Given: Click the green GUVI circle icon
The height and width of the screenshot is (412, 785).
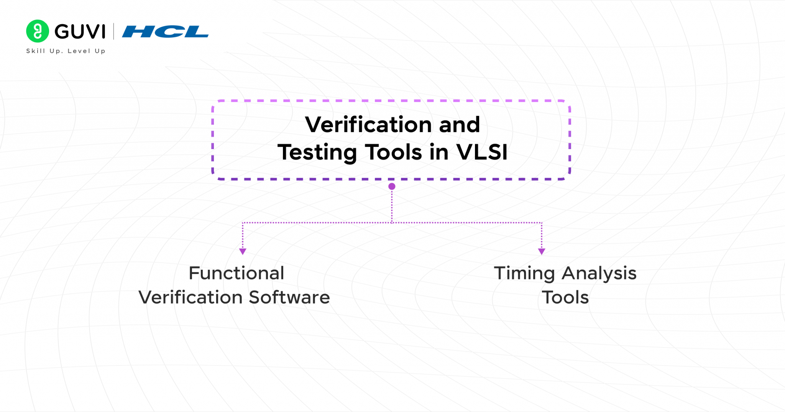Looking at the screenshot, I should point(37,31).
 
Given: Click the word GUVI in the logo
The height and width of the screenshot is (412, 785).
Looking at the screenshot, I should point(80,31).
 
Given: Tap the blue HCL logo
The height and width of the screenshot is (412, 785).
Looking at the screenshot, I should point(165,31).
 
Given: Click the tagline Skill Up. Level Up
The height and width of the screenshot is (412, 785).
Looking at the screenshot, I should point(66,51).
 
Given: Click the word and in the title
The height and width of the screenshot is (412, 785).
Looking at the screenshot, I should point(459,125).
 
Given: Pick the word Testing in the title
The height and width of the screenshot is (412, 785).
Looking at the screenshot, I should point(317,153).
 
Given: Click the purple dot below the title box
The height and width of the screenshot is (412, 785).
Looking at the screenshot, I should point(392,187).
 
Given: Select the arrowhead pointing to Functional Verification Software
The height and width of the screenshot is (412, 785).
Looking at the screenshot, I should point(243,251).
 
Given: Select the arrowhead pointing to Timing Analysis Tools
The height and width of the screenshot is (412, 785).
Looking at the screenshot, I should point(542,251).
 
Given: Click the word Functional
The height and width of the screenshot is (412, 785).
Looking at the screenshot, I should point(236,273).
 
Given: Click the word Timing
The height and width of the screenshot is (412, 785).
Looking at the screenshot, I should point(524,274).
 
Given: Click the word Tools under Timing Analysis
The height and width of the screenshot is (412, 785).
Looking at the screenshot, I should point(565,297).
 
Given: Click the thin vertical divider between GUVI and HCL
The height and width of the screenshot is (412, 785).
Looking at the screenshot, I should point(114,31).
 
